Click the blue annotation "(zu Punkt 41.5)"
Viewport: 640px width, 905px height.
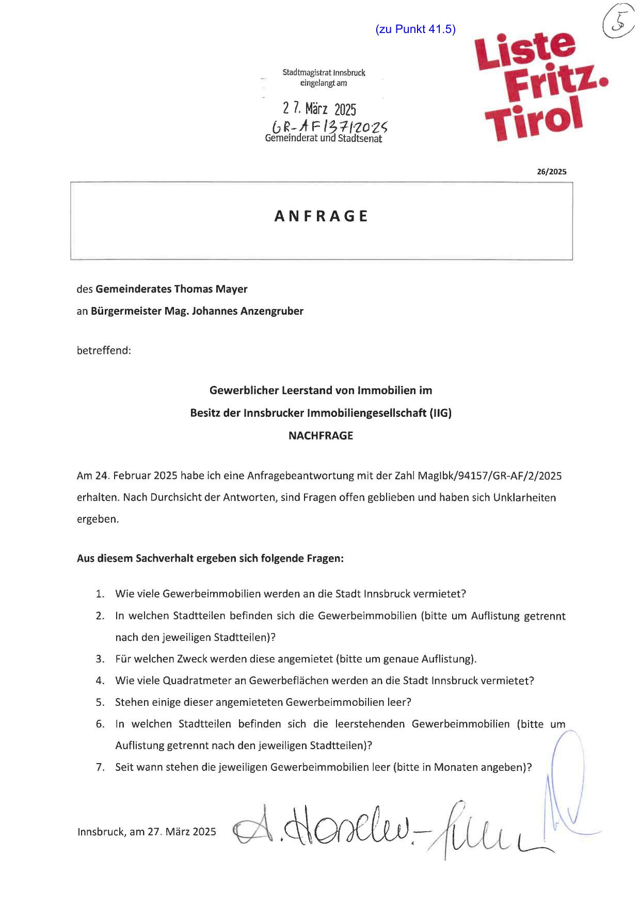tap(415, 29)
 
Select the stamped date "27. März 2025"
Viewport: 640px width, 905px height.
tap(319, 109)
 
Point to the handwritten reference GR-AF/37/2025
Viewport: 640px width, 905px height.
tap(330, 126)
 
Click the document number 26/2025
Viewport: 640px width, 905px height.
tap(551, 172)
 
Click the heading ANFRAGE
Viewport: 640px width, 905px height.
tap(321, 216)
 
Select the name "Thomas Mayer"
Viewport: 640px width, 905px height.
tap(211, 289)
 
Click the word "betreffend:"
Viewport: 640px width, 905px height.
tap(104, 350)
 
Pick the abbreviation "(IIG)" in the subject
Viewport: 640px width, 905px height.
tap(440, 413)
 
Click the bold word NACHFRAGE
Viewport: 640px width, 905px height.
tap(321, 435)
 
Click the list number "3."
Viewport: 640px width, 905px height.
tap(100, 659)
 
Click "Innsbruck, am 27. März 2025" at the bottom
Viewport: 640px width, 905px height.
tap(147, 832)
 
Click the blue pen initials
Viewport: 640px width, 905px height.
tap(568, 784)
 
